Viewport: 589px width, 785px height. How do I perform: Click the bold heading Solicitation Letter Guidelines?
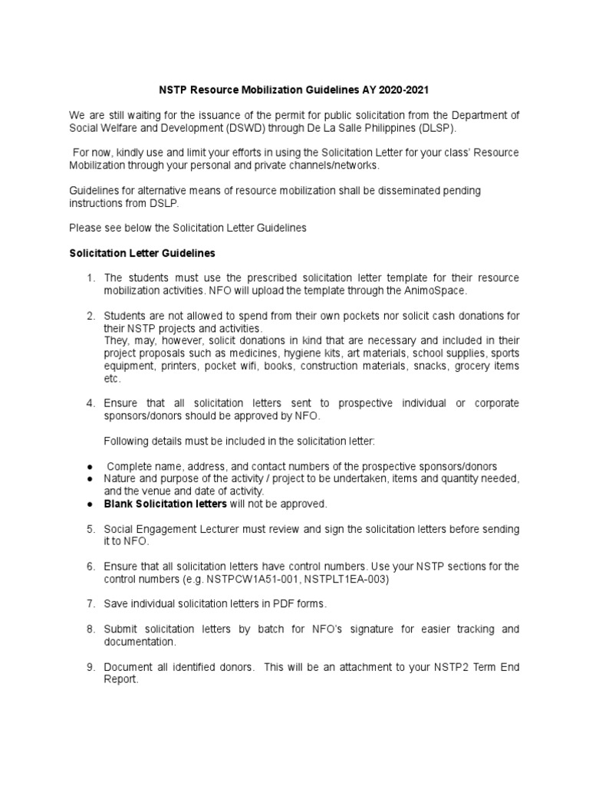tap(142, 252)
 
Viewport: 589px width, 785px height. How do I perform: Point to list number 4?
tap(90, 403)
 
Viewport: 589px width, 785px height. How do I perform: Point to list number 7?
tap(90, 604)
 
